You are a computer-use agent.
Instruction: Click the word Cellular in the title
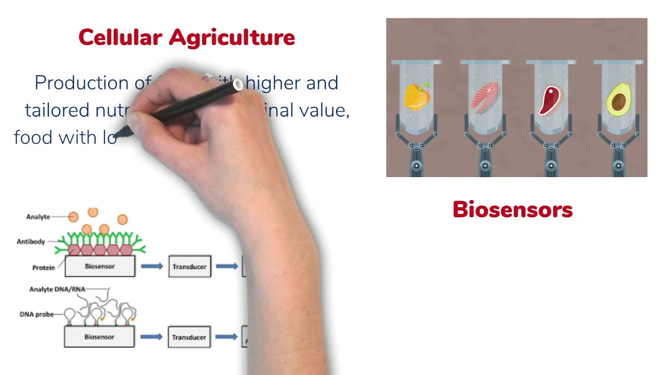pos(120,37)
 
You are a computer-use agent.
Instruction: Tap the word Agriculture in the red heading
pos(232,37)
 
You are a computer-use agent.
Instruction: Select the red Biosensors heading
pos(512,210)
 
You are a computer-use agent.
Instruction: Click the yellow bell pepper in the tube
pos(417,97)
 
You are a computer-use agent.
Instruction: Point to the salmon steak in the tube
pos(484,98)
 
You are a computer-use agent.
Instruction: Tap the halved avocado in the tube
pos(619,99)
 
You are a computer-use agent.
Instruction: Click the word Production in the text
pos(81,83)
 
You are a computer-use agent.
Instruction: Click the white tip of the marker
pos(238,84)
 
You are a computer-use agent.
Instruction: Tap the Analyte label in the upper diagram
pos(38,217)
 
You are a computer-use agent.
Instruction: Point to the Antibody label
pos(31,242)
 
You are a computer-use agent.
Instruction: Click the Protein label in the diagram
pos(43,268)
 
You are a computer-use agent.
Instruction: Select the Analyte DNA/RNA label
pos(57,289)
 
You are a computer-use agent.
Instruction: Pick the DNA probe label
pos(36,315)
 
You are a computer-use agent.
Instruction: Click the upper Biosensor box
pos(99,266)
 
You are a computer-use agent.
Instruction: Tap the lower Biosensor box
pos(99,337)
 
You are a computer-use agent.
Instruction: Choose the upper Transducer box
pos(189,267)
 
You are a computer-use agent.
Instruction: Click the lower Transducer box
pos(189,337)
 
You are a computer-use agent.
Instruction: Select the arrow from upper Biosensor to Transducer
pos(151,267)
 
